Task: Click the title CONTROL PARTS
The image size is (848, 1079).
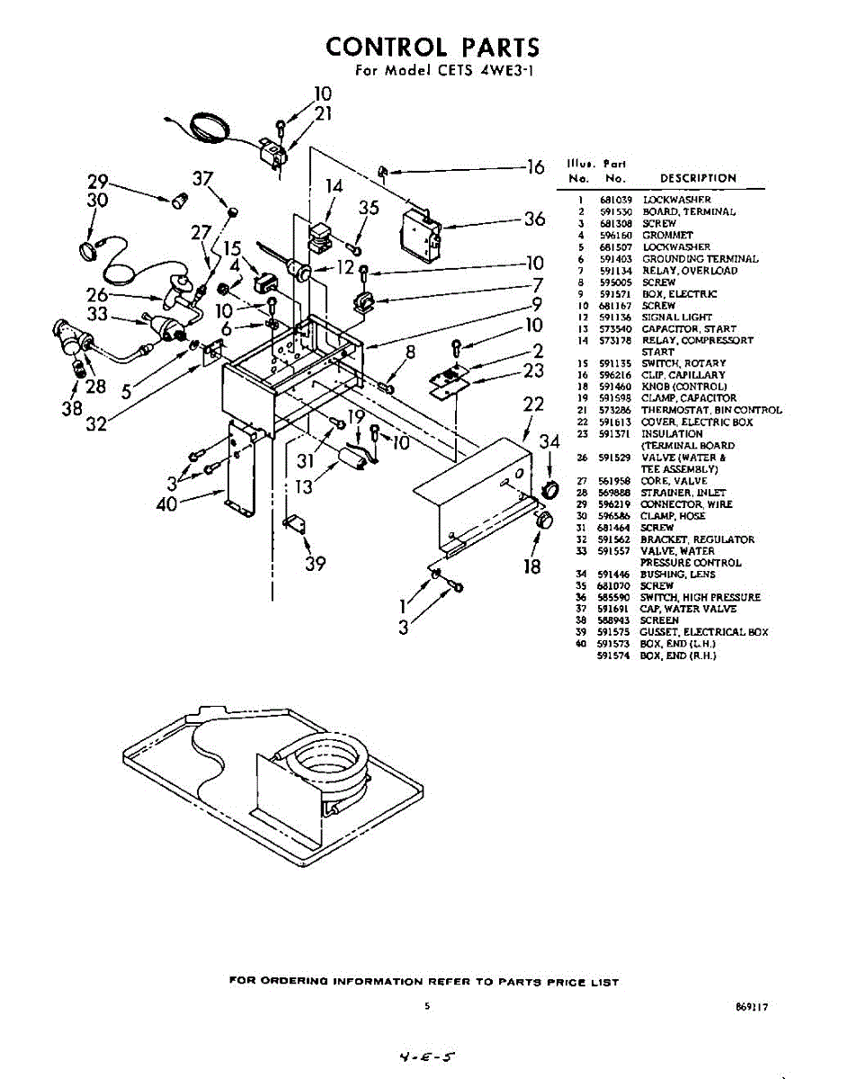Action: pos(433,47)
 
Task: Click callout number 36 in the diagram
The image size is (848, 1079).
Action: pos(534,218)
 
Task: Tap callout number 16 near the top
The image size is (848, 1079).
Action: pos(536,167)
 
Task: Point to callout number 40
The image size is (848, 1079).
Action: pos(166,504)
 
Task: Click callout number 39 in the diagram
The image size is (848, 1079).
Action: pos(315,564)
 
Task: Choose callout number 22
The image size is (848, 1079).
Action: pos(534,406)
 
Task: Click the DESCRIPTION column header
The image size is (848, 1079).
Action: pos(698,178)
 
